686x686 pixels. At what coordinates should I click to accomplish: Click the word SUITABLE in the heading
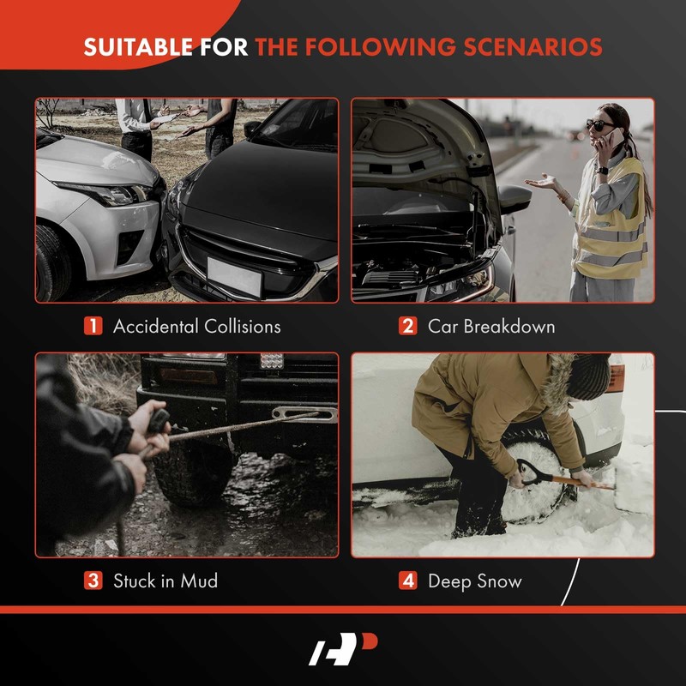[x=138, y=47]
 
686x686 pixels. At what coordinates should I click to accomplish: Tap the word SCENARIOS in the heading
[x=533, y=47]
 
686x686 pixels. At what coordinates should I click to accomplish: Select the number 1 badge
[x=93, y=326]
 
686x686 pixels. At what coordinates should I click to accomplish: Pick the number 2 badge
[x=408, y=326]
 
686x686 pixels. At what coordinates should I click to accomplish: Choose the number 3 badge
[x=93, y=581]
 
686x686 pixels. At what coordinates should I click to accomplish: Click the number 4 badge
[x=408, y=581]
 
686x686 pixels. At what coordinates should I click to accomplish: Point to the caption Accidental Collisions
[x=197, y=327]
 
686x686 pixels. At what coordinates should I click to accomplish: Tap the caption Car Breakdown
[x=491, y=327]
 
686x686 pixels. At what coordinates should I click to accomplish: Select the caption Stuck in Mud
[x=165, y=581]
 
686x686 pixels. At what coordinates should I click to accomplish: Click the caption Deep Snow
[x=475, y=581]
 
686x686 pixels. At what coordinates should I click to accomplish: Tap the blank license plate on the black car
[x=234, y=276]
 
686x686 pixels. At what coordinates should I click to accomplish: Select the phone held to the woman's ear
[x=616, y=137]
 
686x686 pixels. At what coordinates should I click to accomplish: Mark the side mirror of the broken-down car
[x=514, y=199]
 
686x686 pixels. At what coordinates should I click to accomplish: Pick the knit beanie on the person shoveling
[x=587, y=376]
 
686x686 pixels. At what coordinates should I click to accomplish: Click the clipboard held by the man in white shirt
[x=166, y=118]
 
